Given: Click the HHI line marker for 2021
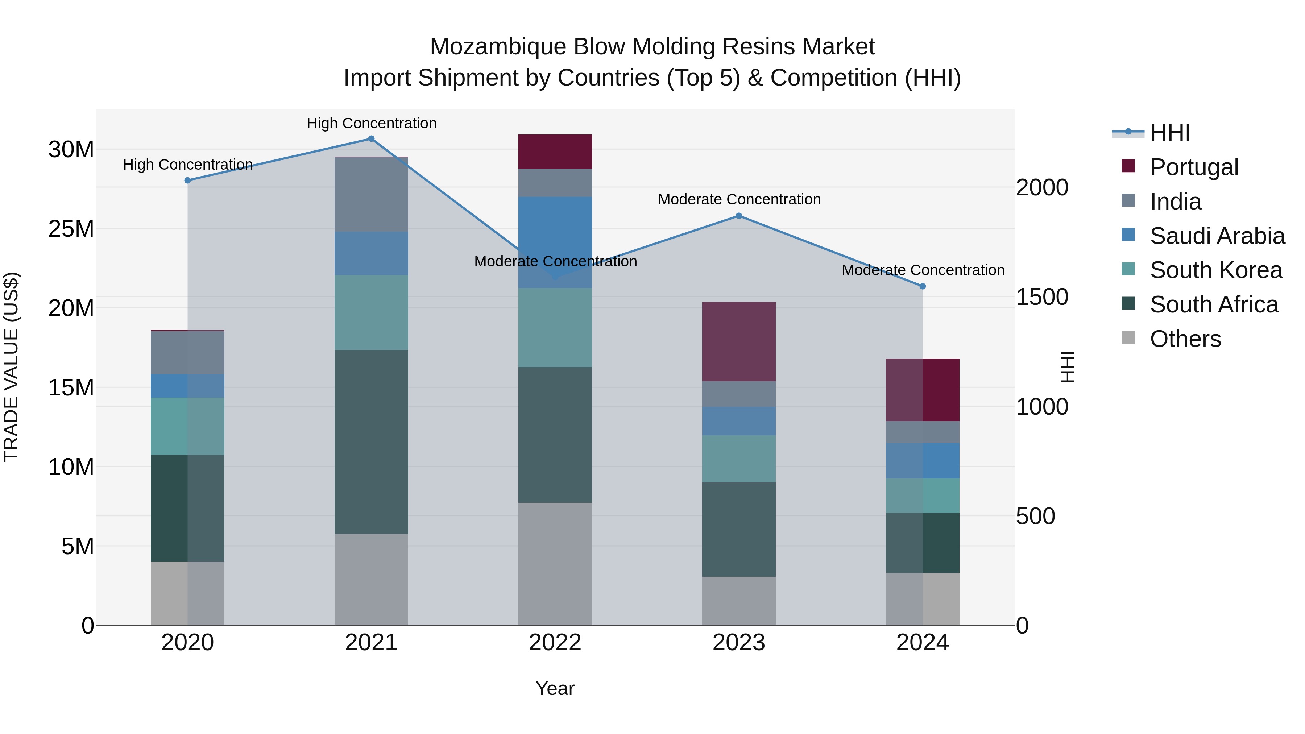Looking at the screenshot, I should (x=371, y=139).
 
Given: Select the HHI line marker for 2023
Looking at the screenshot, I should (x=739, y=216).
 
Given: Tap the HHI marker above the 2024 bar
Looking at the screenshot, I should (x=923, y=286).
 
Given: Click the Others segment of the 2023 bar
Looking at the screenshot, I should (x=739, y=600).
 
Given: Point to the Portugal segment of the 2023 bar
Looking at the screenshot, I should (x=739, y=341).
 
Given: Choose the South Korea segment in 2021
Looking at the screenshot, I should (x=371, y=312).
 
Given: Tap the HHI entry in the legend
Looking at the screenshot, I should (x=1169, y=133).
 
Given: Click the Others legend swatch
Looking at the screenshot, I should (x=1128, y=338).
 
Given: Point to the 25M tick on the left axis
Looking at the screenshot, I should (x=71, y=229).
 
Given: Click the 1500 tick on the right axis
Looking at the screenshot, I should (x=1042, y=297).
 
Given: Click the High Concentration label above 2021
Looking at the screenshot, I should (x=371, y=123).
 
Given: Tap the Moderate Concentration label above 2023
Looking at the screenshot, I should (x=739, y=200).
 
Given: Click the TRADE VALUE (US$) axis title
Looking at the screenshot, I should (x=11, y=367).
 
